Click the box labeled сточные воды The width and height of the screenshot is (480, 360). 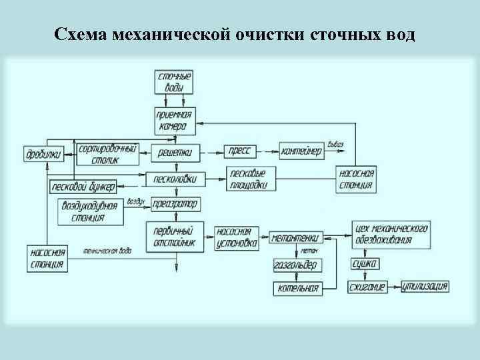[x=175, y=81]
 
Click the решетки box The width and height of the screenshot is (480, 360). [x=175, y=153]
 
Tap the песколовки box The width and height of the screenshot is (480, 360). [x=175, y=179]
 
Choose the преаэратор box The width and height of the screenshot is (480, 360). [x=175, y=203]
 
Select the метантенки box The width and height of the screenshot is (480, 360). [x=295, y=237]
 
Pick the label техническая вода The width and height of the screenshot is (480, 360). [x=107, y=251]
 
